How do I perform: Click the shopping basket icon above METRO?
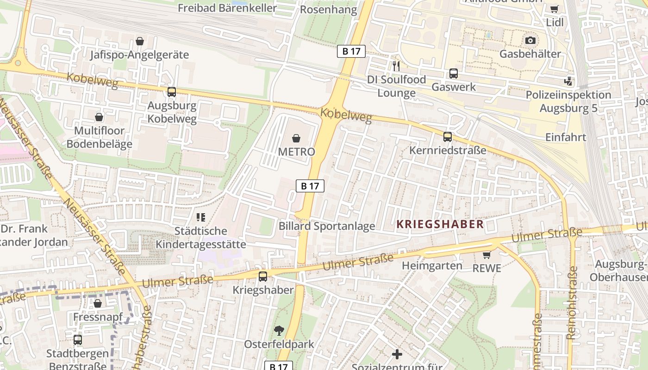296,138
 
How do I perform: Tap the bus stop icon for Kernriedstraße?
447,137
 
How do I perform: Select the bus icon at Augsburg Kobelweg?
172,92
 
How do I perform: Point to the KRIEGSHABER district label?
440,224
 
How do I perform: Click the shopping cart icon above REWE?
486,255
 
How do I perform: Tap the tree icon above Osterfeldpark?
279,330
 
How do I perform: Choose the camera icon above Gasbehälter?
530,40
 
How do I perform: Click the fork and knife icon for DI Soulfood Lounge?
396,66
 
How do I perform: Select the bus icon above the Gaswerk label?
454,74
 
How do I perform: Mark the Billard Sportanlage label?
326,226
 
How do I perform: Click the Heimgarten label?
432,265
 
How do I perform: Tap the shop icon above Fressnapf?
98,303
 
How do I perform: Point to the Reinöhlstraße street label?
573,302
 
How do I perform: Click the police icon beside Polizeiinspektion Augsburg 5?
568,81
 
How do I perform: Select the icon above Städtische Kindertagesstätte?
200,217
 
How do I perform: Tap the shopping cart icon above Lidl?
554,9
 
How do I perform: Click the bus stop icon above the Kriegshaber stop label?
262,277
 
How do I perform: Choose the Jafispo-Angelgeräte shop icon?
139,41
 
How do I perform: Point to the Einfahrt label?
566,137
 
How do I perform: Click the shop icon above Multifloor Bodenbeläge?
99,117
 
